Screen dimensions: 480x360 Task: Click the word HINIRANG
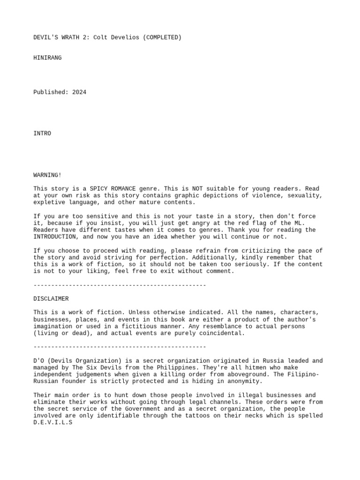pos(47,58)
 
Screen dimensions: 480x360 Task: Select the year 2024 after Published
pos(79,92)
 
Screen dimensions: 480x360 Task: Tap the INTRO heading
pos(42,134)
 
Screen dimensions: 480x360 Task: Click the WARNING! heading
pos(47,175)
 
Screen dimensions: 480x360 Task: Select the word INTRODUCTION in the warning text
pos(54,237)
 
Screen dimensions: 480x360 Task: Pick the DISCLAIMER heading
pos(51,299)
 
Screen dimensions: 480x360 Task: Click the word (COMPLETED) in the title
pos(162,37)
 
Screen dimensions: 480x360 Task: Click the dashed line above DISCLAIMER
pos(120,285)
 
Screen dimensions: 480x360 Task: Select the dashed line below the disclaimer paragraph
pos(120,347)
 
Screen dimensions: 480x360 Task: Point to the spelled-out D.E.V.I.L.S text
pos(52,423)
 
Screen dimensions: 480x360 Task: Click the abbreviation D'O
pos(38,361)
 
